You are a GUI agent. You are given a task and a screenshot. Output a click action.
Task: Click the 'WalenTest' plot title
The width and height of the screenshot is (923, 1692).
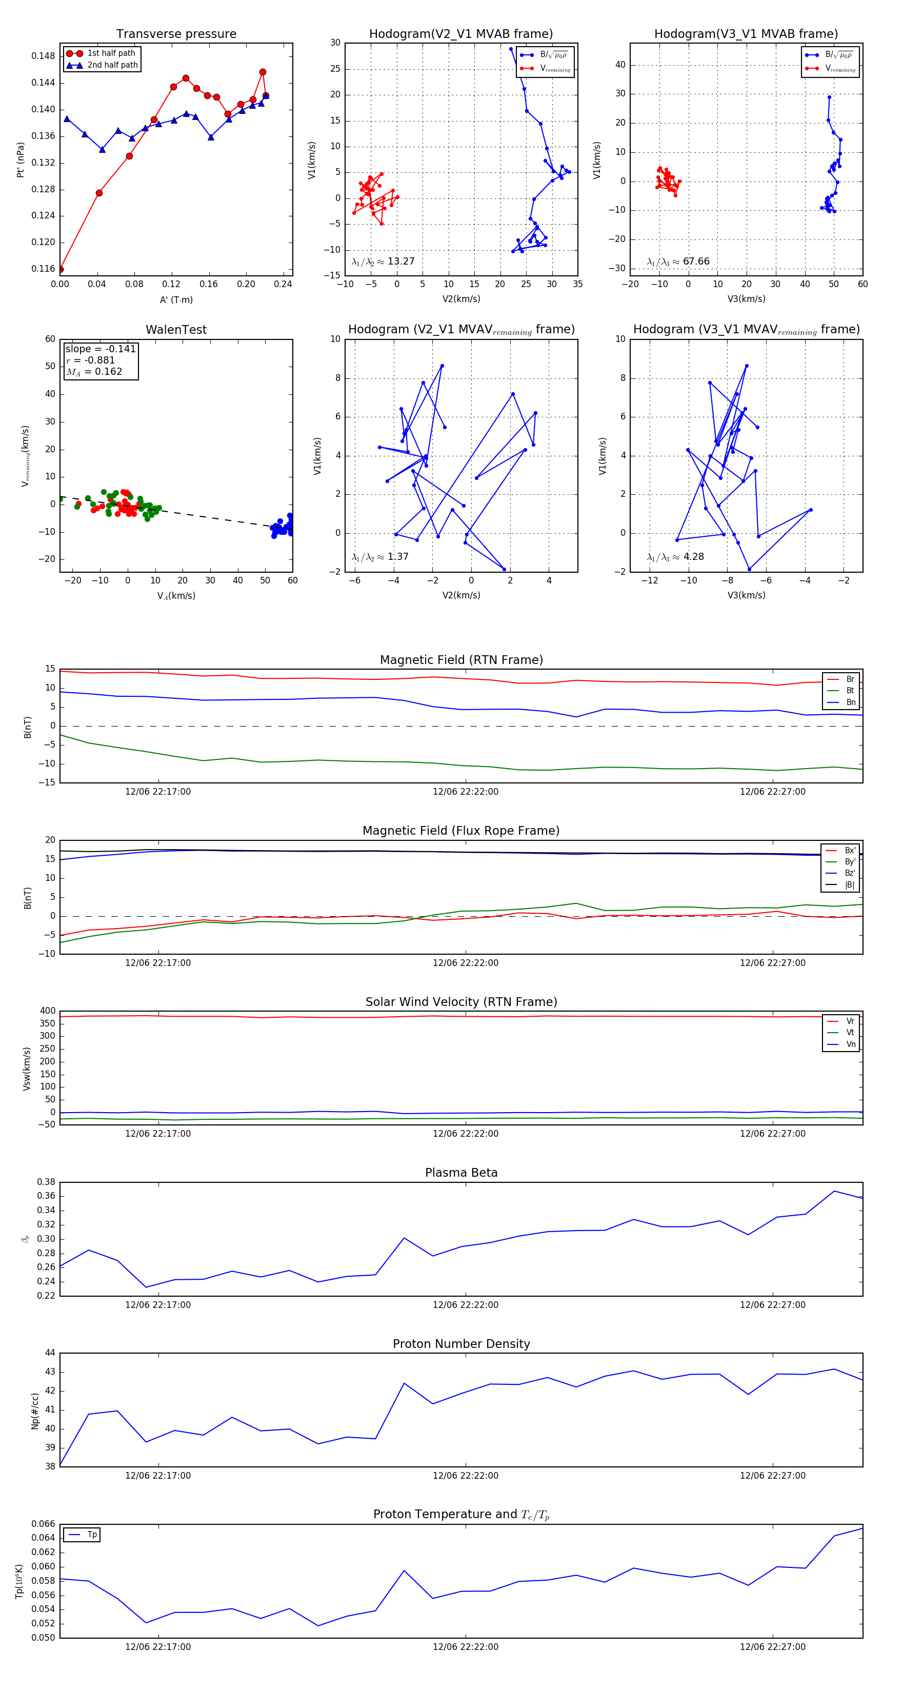pyautogui.click(x=176, y=330)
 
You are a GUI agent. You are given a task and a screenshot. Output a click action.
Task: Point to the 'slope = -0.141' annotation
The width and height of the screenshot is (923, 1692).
pyautogui.click(x=101, y=349)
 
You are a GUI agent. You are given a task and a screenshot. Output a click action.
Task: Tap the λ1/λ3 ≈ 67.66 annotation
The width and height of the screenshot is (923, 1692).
pyautogui.click(x=678, y=261)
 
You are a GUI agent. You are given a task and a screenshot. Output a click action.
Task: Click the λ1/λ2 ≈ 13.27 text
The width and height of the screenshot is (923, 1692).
pyautogui.click(x=383, y=261)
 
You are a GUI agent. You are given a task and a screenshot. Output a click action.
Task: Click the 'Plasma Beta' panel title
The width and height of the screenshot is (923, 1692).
pyautogui.click(x=461, y=1173)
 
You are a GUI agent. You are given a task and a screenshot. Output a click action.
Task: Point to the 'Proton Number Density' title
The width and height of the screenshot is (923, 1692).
pyautogui.click(x=461, y=1344)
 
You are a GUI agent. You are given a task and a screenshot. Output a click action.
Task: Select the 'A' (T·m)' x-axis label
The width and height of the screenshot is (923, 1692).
pyautogui.click(x=176, y=299)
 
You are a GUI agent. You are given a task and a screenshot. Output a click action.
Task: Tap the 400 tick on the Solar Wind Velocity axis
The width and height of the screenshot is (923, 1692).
pyautogui.click(x=47, y=1011)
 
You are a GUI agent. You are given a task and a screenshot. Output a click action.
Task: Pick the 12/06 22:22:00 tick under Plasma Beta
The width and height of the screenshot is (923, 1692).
pyautogui.click(x=465, y=1305)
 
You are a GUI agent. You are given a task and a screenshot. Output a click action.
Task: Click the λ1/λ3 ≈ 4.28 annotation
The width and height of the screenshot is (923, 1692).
pyautogui.click(x=675, y=557)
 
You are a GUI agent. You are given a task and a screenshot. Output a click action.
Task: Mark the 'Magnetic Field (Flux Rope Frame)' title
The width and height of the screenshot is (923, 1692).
pyautogui.click(x=461, y=831)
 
